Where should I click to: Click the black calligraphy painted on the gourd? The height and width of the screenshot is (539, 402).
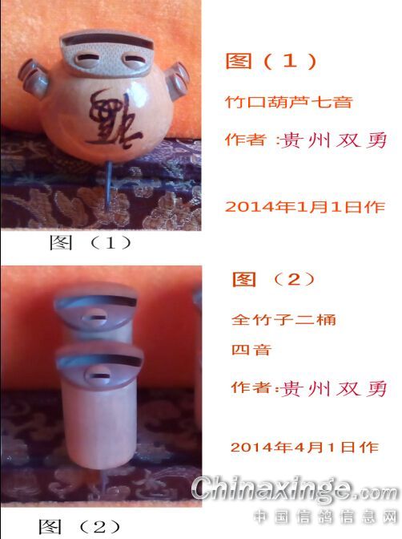click(x=113, y=118)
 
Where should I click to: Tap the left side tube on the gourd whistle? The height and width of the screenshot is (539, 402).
click(x=33, y=79)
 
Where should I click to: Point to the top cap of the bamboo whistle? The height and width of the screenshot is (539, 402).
click(x=95, y=306)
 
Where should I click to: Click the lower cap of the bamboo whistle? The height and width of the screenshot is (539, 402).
click(x=99, y=366)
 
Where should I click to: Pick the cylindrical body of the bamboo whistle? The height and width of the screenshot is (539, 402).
click(x=100, y=423)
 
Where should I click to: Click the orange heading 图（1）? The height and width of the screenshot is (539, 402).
click(x=271, y=61)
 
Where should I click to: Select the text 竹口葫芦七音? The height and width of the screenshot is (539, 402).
click(x=289, y=102)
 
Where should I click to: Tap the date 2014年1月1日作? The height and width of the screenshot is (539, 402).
click(x=305, y=207)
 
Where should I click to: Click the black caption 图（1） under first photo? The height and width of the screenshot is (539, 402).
click(x=90, y=243)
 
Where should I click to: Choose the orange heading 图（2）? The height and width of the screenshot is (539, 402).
click(x=274, y=279)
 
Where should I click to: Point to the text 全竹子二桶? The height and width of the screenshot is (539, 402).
click(x=283, y=320)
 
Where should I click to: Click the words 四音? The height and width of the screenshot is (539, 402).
click(x=251, y=350)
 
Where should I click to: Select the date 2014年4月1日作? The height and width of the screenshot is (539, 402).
click(x=305, y=447)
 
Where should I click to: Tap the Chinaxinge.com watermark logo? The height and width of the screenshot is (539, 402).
click(x=295, y=489)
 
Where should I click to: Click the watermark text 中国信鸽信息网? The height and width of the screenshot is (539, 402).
click(x=325, y=517)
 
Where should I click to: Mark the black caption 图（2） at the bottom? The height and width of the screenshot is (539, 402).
click(x=79, y=527)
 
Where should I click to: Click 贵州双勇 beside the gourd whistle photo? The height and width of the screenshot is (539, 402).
click(x=334, y=140)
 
